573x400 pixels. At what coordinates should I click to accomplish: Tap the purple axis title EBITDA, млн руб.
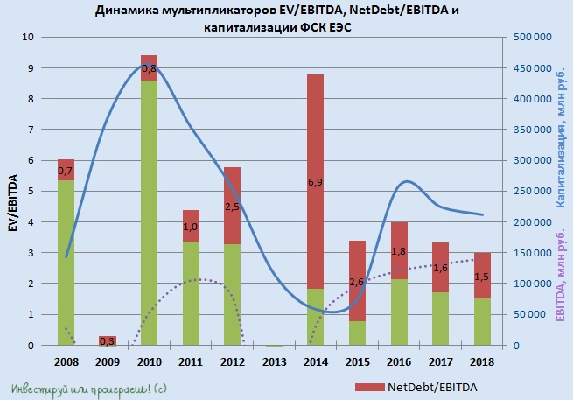(559, 277)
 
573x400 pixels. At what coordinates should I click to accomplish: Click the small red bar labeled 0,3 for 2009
(108, 340)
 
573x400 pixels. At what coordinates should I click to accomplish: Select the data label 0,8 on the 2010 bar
(149, 68)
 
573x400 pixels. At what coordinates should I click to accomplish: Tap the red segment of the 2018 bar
(483, 276)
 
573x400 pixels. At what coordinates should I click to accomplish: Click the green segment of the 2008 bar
(66, 263)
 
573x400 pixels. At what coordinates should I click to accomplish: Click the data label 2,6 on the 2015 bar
(357, 282)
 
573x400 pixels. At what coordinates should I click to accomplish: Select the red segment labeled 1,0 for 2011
(191, 226)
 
